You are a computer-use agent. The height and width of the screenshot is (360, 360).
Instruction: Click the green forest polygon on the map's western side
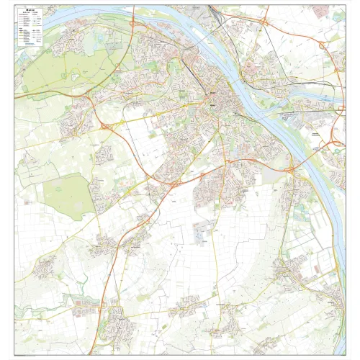[x=68, y=194]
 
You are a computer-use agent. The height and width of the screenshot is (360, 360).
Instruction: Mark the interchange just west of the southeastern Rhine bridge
[x=291, y=170]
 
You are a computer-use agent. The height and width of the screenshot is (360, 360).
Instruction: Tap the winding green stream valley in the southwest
[x=76, y=298]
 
